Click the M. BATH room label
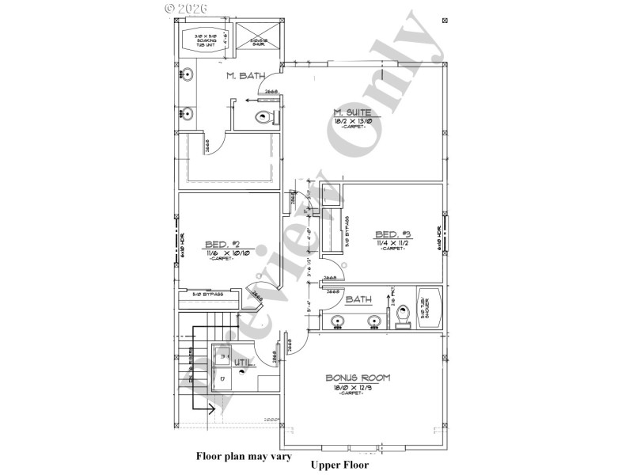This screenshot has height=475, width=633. (245, 77)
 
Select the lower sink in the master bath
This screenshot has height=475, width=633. (188, 113)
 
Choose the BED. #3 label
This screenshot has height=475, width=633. (393, 234)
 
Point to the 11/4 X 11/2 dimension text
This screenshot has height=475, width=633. (393, 242)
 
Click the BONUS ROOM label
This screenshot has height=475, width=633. (358, 378)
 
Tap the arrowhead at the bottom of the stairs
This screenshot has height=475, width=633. (212, 410)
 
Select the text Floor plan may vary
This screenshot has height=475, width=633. (244, 457)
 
